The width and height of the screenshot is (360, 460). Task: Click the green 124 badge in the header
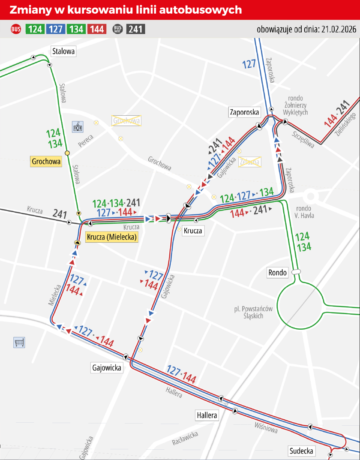click(x=35, y=29)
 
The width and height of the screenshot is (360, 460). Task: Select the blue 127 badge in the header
click(x=55, y=29)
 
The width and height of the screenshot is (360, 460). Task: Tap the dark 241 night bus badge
click(x=136, y=29)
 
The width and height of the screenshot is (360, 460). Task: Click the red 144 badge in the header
click(x=97, y=29)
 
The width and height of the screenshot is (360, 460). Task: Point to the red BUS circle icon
click(x=15, y=29)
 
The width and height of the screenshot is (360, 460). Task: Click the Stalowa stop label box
click(x=63, y=51)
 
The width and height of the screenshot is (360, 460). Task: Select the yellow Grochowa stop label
click(x=46, y=162)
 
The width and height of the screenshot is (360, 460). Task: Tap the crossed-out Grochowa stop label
click(x=126, y=121)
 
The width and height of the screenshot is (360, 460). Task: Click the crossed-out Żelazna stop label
click(x=250, y=162)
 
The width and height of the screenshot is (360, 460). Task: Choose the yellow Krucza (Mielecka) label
click(x=112, y=237)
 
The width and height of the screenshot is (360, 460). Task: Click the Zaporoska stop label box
click(x=244, y=112)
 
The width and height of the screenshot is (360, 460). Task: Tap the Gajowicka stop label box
click(x=107, y=367)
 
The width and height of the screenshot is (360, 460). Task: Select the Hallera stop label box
click(x=207, y=415)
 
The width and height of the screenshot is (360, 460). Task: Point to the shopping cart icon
click(x=19, y=342)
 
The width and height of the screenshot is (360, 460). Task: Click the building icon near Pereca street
click(x=78, y=126)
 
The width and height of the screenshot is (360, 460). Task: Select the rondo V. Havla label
click(x=305, y=212)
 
